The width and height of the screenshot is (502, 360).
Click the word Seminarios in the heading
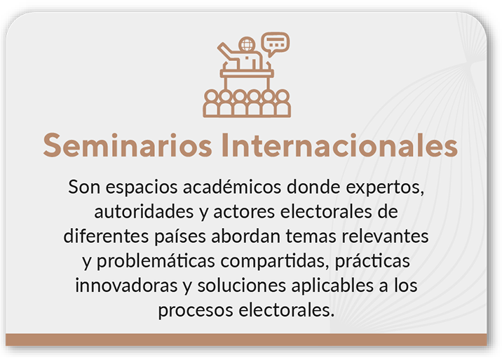[128, 145]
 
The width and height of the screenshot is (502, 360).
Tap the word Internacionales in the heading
[339, 145]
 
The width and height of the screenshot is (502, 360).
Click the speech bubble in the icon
[275, 44]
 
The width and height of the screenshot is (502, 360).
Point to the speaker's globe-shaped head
[247, 44]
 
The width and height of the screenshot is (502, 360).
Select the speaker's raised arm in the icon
[228, 52]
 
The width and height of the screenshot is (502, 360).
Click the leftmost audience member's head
[211, 96]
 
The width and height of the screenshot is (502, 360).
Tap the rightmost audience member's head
[283, 96]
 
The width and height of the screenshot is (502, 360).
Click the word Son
[84, 187]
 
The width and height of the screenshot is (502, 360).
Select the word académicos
[232, 187]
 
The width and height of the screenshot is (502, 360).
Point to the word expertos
[385, 188]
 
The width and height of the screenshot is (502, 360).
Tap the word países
[180, 237]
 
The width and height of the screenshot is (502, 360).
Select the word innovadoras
[126, 286]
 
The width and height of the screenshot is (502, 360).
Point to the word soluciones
[241, 286]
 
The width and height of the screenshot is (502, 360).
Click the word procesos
[196, 311]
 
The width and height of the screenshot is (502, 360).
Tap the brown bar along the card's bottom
[246, 340]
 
